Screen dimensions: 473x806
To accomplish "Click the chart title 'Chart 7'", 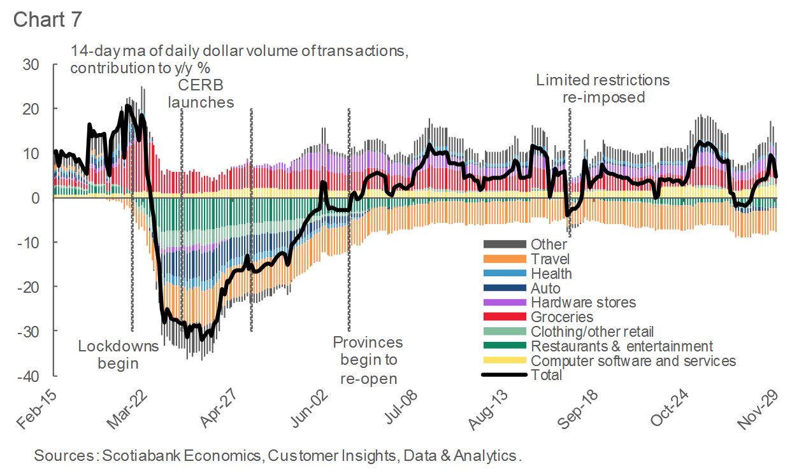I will pyautogui.click(x=48, y=18).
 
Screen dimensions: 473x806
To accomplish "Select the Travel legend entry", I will pyautogui.click(x=550, y=259).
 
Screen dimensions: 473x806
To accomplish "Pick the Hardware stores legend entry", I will pyautogui.click(x=583, y=302).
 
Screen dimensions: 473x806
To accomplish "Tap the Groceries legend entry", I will pyautogui.click(x=561, y=317).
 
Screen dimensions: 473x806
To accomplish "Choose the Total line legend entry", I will pyautogui.click(x=546, y=375).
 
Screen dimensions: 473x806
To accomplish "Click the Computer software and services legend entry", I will pyautogui.click(x=633, y=361).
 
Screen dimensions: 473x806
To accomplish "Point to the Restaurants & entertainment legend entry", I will pyautogui.click(x=621, y=346).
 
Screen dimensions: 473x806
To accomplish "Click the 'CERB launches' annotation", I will pyautogui.click(x=200, y=94).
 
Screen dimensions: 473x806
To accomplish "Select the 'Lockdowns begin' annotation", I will pyautogui.click(x=118, y=355).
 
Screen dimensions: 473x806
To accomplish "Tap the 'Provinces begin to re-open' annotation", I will pyautogui.click(x=368, y=360).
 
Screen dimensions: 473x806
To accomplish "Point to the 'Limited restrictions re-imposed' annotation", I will pyautogui.click(x=603, y=88).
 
